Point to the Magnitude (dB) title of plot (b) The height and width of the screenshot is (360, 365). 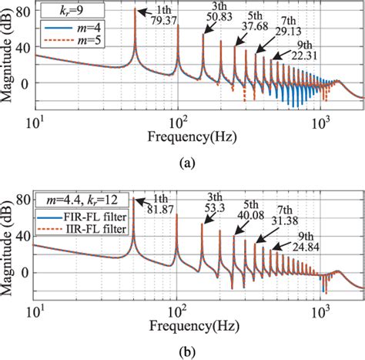9,244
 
